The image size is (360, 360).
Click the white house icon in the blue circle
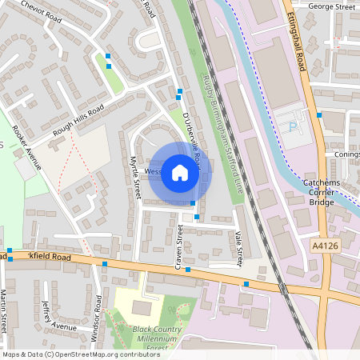(x=180, y=173)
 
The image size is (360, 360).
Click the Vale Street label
(x=238, y=247)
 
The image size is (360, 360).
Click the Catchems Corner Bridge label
(x=323, y=193)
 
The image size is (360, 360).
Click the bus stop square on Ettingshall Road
(x=318, y=115)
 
